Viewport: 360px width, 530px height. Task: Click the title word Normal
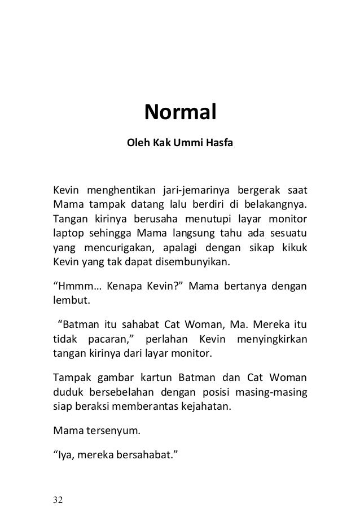[181, 112]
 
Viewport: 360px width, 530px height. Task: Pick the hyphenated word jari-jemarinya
[195, 188]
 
